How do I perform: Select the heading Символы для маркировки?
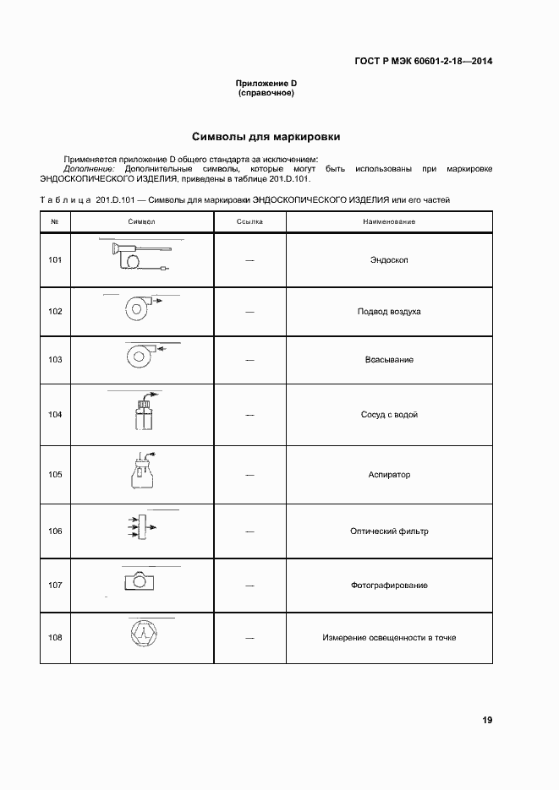[266, 136]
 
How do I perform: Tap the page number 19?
[487, 720]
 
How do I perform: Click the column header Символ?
[141, 221]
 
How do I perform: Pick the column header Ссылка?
[249, 221]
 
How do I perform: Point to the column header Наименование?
[389, 221]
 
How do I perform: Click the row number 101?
[55, 259]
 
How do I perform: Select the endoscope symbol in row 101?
[140, 256]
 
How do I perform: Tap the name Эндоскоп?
[389, 260]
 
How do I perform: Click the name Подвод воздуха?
[389, 312]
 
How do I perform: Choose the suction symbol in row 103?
[140, 356]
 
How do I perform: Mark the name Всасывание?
[389, 360]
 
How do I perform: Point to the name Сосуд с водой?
[389, 415]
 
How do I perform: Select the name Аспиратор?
[389, 475]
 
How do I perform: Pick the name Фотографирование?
[389, 585]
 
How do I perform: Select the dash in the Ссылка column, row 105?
[249, 475]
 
